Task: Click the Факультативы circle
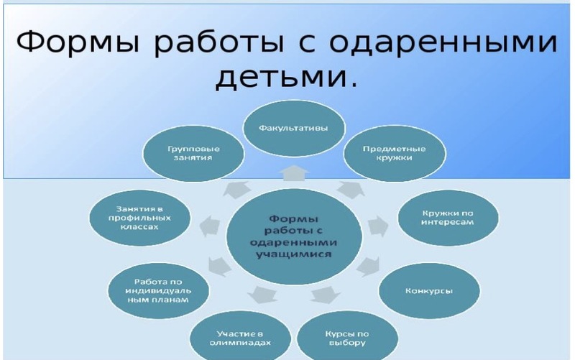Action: (294, 128)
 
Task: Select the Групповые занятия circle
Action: (193, 154)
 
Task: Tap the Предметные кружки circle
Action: (395, 154)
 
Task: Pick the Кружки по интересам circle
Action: (448, 218)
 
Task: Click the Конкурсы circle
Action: (429, 291)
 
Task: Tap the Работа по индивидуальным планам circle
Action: (158, 291)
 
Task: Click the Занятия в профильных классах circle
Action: (139, 218)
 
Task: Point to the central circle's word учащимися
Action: (293, 254)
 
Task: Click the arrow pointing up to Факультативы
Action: (294, 173)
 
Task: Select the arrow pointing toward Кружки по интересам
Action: (378, 226)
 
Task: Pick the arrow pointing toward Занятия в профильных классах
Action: (210, 226)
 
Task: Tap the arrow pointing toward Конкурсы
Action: (368, 266)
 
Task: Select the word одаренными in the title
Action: (443, 42)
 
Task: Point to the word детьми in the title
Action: (286, 76)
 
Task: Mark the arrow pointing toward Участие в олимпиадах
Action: (262, 295)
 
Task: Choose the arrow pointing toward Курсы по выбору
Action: (325, 295)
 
